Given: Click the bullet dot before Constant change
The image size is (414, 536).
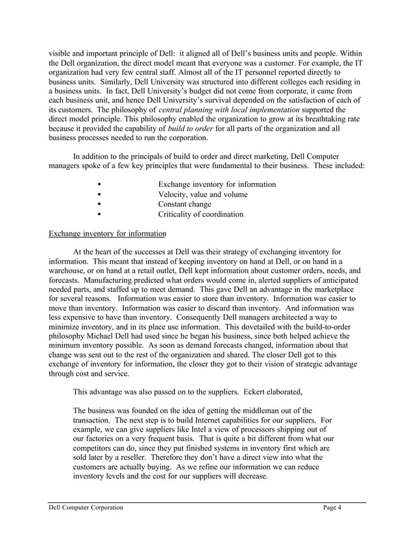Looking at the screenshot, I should point(98,204).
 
